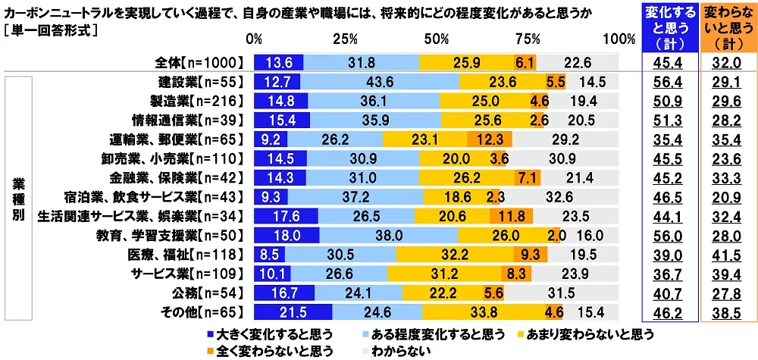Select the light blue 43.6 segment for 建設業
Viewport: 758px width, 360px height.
379,81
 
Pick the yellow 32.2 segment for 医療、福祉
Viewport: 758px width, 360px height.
454,254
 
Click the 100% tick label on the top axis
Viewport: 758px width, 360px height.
619,39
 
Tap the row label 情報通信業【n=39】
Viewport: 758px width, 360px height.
196,120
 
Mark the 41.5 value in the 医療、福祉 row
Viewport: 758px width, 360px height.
726,254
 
